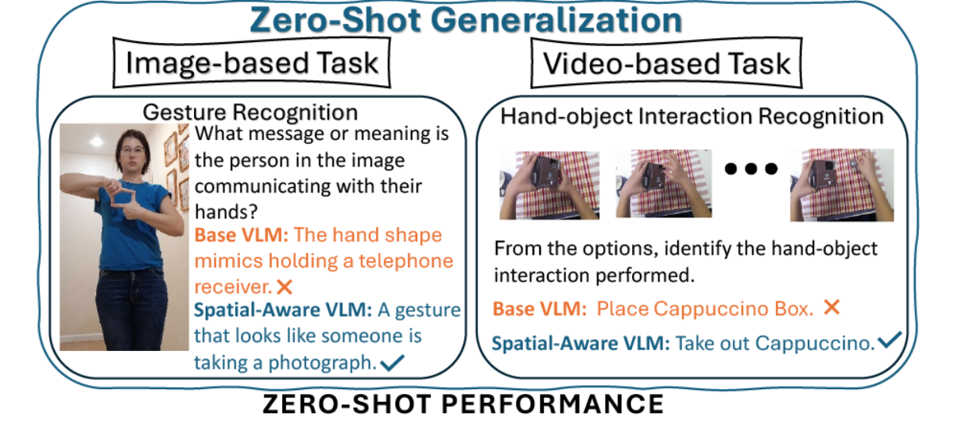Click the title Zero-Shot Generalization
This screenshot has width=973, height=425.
tap(466, 20)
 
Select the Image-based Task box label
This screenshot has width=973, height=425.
tap(252, 63)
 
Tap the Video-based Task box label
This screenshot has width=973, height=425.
tap(666, 63)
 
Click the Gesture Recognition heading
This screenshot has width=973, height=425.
tap(250, 112)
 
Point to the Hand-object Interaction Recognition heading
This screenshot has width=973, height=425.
tap(691, 117)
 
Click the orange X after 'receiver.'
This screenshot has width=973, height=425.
tap(284, 285)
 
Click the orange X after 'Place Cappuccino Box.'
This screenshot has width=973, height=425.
tap(832, 307)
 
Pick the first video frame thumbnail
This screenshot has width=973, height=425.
tap(549, 185)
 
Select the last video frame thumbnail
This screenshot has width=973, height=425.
tap(841, 185)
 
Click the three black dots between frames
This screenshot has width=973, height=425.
tap(747, 169)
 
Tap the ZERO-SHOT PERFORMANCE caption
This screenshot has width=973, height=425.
tap(463, 404)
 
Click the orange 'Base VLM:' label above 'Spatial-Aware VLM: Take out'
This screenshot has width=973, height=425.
tap(539, 309)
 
